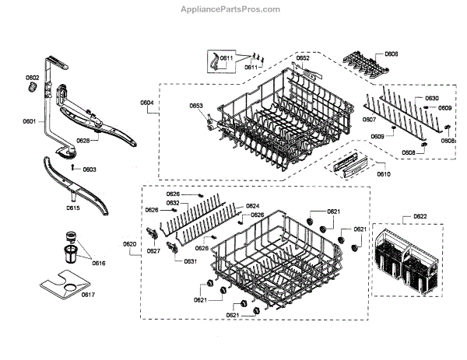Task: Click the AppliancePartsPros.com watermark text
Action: [x=233, y=9]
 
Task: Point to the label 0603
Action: [x=90, y=169]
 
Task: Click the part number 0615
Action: [x=72, y=208]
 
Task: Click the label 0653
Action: [x=196, y=106]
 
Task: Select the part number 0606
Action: [x=391, y=54]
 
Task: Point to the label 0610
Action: [x=383, y=174]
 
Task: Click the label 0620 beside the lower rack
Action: [x=129, y=244]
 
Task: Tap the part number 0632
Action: [x=174, y=203]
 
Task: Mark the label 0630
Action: [x=432, y=98]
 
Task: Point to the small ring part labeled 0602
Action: [x=33, y=90]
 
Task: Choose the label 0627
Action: [x=153, y=251]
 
